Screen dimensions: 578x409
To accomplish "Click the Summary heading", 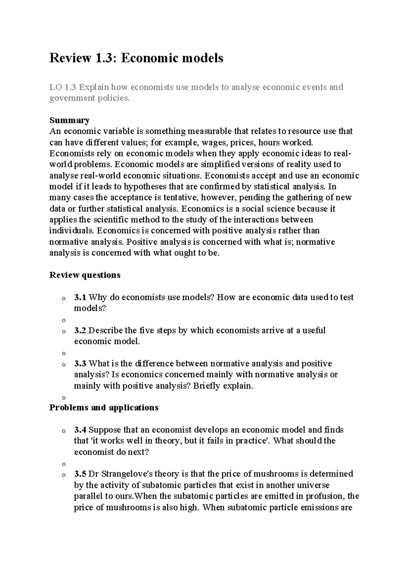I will [70, 120].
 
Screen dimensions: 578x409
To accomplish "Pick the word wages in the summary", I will [213, 142].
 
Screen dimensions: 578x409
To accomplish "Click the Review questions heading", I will [85, 275].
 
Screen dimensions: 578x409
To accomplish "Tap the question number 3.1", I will [80, 297].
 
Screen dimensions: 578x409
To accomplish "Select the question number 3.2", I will [80, 330].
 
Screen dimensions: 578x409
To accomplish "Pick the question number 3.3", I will [80, 364].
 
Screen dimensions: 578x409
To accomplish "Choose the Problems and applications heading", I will [104, 408].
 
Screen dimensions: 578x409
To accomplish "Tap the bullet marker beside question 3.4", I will [63, 431].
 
